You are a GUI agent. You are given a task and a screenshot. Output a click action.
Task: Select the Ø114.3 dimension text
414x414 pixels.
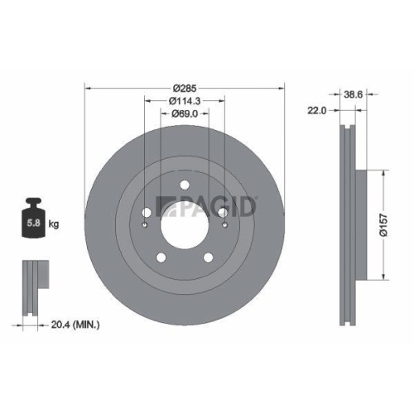184,101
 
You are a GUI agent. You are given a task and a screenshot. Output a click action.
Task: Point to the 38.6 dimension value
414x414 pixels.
355,95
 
